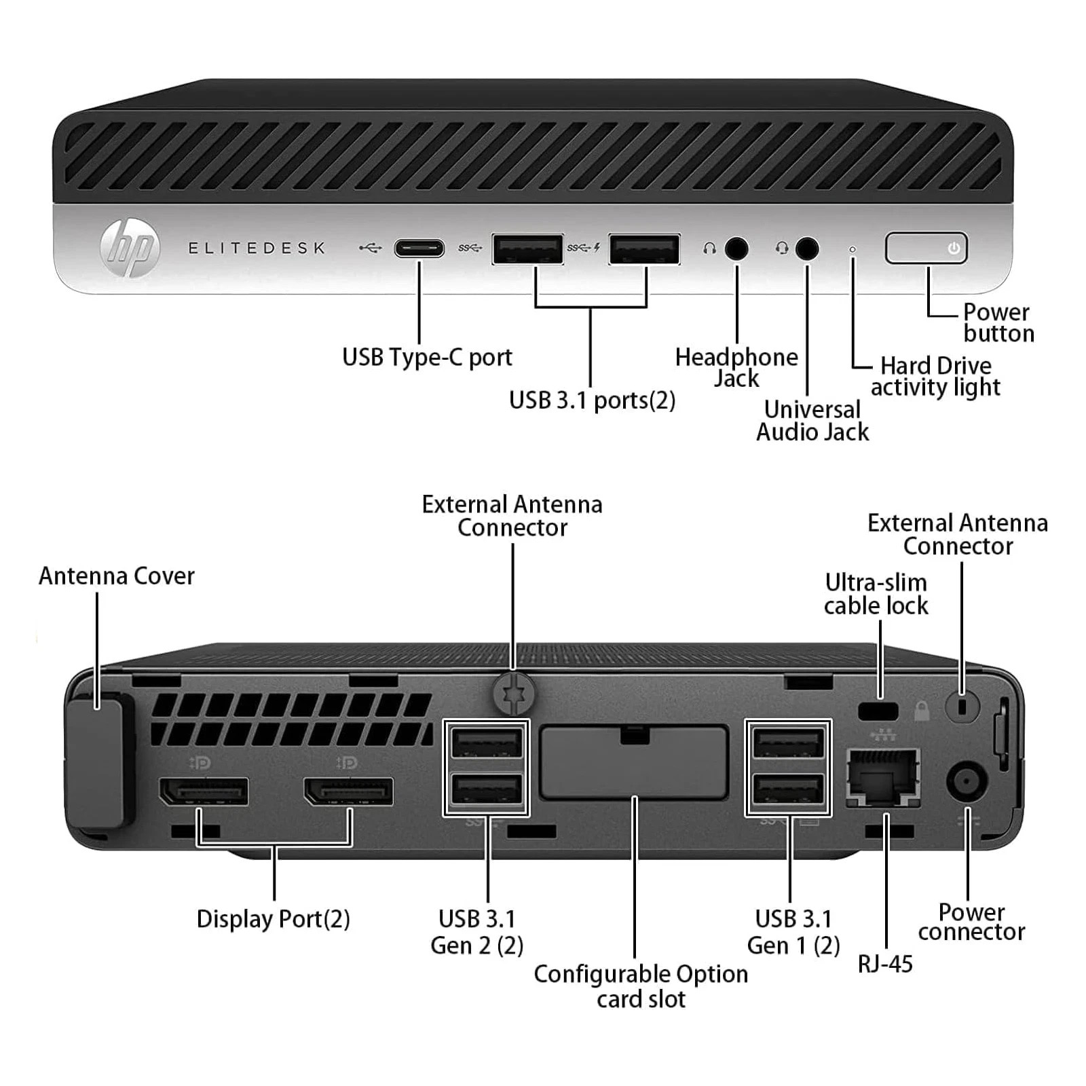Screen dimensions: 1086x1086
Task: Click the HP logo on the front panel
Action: pyautogui.click(x=130, y=248)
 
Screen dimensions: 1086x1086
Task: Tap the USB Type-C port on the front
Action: pyautogui.click(x=419, y=248)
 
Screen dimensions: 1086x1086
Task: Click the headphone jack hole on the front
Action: pyautogui.click(x=736, y=248)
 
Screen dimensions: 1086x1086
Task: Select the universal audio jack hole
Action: pyautogui.click(x=806, y=248)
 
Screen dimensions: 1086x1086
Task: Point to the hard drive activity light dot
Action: pyautogui.click(x=853, y=250)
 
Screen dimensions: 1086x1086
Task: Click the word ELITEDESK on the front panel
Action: pyautogui.click(x=257, y=248)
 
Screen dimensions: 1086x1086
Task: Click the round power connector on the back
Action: pyautogui.click(x=966, y=781)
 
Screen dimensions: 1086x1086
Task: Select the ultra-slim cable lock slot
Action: pyautogui.click(x=878, y=711)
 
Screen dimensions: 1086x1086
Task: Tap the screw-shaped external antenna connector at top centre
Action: pyautogui.click(x=513, y=693)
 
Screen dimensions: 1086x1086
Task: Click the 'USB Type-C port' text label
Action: pyautogui.click(x=427, y=357)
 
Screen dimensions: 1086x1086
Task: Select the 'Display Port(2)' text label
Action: pyautogui.click(x=273, y=919)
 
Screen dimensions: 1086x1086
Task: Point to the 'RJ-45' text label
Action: pyautogui.click(x=885, y=964)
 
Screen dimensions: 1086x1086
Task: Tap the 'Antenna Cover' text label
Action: pyautogui.click(x=117, y=576)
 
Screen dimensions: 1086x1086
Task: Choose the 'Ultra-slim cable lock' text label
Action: pyautogui.click(x=876, y=594)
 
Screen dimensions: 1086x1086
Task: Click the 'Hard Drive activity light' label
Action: pyautogui.click(x=935, y=376)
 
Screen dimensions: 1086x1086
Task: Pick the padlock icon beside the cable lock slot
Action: pyautogui.click(x=921, y=711)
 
